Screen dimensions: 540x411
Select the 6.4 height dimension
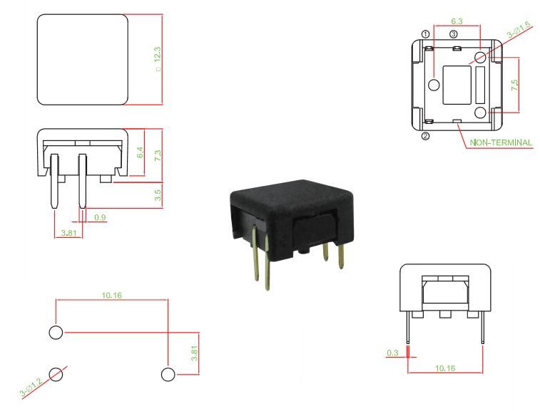[140, 152]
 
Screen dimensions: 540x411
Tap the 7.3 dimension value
[158, 155]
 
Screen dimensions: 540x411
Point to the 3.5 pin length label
[158, 195]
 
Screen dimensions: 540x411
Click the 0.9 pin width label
[100, 217]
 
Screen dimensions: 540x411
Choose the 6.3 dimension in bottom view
[457, 21]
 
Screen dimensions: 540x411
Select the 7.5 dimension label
[514, 85]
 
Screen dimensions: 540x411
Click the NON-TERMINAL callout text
[501, 142]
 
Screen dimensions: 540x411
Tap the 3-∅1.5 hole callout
[519, 30]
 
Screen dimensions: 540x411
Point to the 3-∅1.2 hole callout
[31, 387]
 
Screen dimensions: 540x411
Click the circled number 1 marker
[426, 34]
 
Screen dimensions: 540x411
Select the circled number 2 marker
[426, 136]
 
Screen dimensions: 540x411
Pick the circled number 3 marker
[453, 34]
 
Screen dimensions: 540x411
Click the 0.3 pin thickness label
[392, 353]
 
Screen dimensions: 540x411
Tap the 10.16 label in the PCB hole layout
[111, 295]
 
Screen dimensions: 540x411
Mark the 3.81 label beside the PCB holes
[194, 353]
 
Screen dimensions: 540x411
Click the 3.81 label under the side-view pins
[69, 233]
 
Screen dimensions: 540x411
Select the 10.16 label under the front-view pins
[445, 368]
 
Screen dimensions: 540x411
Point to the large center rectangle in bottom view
[457, 85]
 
